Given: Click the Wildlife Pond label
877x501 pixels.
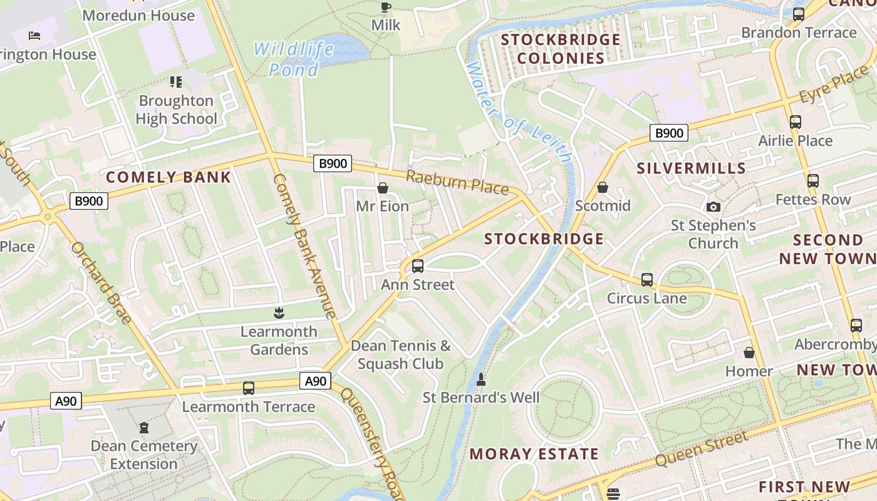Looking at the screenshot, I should pos(293,59).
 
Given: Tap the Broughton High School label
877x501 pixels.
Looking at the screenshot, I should pos(176,110).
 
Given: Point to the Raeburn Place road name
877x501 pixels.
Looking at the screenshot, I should pos(457,182).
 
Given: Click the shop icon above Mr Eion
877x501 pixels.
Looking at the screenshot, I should pos(382,188).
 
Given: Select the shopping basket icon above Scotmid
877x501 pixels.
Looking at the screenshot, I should pos(602,187).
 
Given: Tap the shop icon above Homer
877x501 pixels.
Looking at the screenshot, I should pos(749,353).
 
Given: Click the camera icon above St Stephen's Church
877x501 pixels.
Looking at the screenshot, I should pos(713,207).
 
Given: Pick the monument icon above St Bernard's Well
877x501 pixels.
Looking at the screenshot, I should pos(481,379).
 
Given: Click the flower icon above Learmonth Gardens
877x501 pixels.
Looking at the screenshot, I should pos(279,313).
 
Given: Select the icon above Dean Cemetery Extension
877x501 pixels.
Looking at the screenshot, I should pos(144,428).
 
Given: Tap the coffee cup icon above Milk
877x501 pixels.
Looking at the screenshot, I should pos(385,8).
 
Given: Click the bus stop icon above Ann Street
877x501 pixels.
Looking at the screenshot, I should pos(418,266).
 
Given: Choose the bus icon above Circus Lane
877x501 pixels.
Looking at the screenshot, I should pos(647,280).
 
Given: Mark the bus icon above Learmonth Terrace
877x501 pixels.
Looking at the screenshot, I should pos(249,388).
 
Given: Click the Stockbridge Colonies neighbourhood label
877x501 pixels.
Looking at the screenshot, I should pos(561,49).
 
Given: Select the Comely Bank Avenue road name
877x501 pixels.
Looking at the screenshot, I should pos(305,245).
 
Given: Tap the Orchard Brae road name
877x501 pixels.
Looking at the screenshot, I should pos(101,283).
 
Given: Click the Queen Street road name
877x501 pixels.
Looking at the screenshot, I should pos(702,449).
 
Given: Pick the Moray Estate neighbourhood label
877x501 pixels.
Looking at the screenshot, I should pos(534,454).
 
